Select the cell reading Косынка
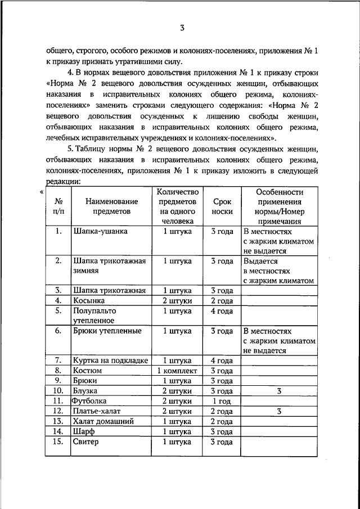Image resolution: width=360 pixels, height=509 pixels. pos(89,300)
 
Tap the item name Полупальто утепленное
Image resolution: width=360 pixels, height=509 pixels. pos(94,315)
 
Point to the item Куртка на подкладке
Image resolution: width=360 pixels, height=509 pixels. pos(110,361)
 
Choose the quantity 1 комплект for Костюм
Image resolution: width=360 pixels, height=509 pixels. pos(177,371)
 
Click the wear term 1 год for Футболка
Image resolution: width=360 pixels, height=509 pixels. pos(222,401)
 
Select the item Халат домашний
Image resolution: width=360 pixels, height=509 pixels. pos(103,421)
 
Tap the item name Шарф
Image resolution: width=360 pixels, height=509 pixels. pos(83,431)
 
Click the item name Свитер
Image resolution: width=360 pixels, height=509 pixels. pos(85,442)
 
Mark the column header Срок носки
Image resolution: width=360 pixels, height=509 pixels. pos(222,206)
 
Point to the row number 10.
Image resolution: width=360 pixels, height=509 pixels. pos(58,391)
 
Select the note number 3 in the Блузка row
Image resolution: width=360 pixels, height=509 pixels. pos(279,391)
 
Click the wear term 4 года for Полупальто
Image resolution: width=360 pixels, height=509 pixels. pos(222,310)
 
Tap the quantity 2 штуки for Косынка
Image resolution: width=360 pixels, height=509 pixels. pos(177,300)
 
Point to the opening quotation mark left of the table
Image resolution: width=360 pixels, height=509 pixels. pos(42,192)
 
